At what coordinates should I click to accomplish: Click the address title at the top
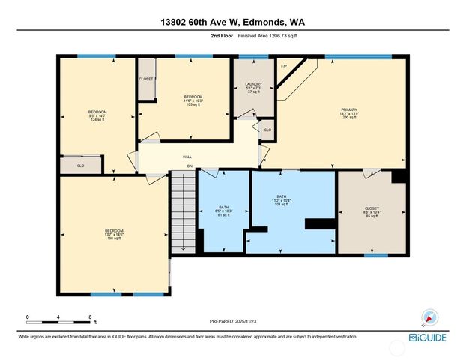[232, 22]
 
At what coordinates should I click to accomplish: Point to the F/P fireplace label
[284, 66]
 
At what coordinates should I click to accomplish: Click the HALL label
[187, 157]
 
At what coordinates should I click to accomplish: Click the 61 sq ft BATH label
[223, 211]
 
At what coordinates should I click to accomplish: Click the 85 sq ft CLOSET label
[372, 212]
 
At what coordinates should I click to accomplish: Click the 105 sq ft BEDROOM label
[194, 100]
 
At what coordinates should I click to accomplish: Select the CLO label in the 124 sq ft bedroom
[81, 165]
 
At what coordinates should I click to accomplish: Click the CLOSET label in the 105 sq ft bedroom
[146, 79]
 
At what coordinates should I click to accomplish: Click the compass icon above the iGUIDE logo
[429, 317]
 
